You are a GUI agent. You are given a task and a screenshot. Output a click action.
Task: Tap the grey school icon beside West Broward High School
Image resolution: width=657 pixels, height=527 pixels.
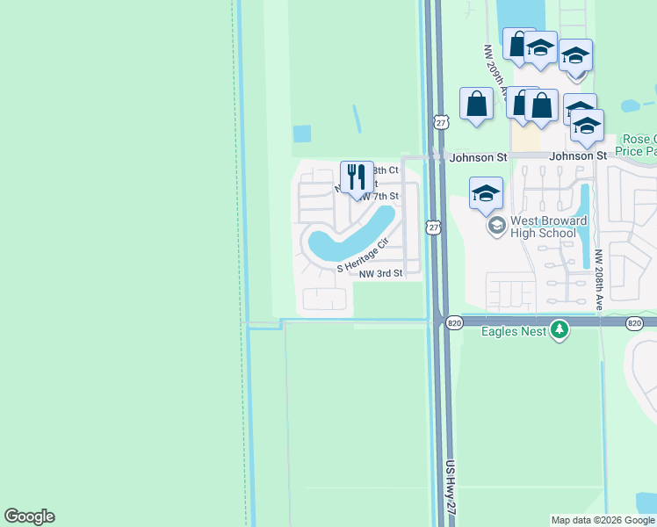(x=496, y=226)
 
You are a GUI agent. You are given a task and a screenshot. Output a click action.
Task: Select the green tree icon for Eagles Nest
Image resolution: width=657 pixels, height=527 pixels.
(x=560, y=330)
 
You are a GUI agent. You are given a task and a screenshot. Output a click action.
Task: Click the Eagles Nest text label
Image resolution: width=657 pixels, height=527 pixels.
(x=514, y=330)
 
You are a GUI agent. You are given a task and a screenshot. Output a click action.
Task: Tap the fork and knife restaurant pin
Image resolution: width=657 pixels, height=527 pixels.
(x=356, y=177)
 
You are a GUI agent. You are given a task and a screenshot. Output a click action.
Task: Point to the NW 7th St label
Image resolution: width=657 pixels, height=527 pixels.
(x=379, y=195)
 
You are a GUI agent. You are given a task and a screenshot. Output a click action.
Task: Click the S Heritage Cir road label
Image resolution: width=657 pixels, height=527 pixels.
(x=362, y=256)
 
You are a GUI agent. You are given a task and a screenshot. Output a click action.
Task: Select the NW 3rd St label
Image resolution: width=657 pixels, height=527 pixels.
(x=380, y=273)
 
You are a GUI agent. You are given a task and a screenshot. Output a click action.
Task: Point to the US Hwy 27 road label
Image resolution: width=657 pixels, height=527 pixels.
(x=450, y=490)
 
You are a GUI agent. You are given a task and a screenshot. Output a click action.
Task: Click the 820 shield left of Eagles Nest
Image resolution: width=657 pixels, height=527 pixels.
(x=453, y=323)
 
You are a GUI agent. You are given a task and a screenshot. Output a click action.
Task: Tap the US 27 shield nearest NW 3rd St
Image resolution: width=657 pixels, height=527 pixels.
(x=432, y=227)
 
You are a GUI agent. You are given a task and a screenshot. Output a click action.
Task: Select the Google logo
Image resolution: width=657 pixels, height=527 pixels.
(x=29, y=516)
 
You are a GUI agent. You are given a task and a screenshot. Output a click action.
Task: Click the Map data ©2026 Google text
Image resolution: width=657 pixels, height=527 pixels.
(x=602, y=520)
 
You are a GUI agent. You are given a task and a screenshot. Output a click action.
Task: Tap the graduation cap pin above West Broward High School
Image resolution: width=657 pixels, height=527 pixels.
(x=486, y=194)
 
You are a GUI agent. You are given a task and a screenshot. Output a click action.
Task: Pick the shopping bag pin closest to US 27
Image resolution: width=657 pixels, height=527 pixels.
(x=476, y=104)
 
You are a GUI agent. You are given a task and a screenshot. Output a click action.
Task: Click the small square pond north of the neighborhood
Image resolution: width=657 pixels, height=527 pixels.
(x=302, y=134)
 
